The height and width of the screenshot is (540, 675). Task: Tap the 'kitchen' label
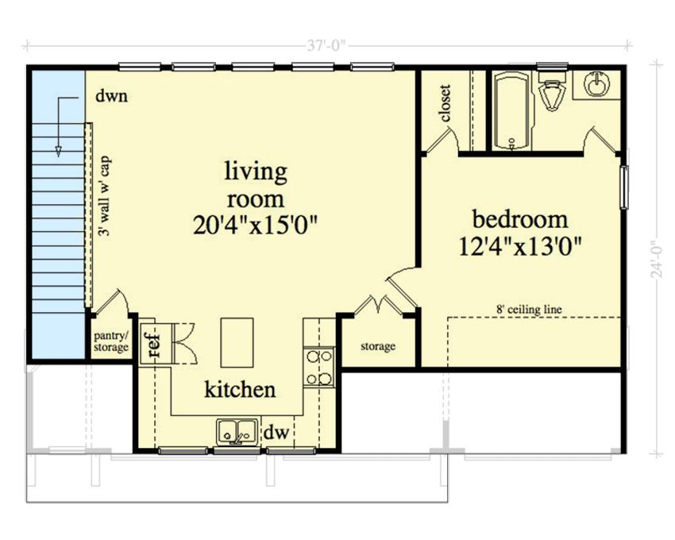tap(240, 389)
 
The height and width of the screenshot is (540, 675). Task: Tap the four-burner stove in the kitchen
tap(319, 366)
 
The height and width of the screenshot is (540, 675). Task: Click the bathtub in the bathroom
tap(510, 111)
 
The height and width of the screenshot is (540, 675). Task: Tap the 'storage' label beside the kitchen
tap(377, 347)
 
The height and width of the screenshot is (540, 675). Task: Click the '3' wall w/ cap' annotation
tap(104, 195)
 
